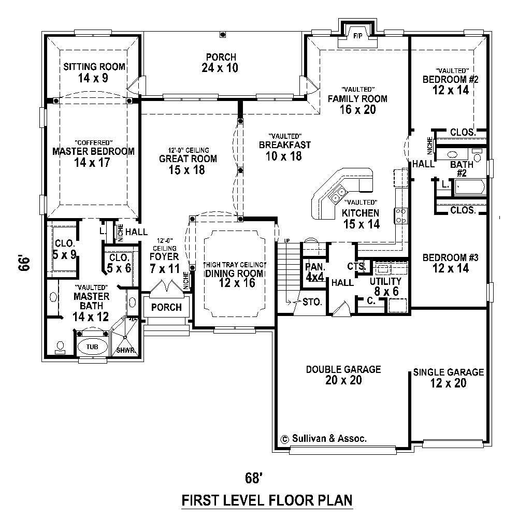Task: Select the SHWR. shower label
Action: [x=126, y=350]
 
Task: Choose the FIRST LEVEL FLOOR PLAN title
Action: [x=267, y=500]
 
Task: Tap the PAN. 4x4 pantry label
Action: [x=314, y=272]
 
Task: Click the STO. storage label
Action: [x=312, y=301]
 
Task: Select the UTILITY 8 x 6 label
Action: [x=385, y=286]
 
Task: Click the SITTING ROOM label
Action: [x=94, y=73]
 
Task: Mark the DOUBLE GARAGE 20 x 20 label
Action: [x=343, y=375]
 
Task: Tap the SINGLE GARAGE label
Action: [x=448, y=378]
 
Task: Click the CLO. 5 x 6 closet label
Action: [x=119, y=263]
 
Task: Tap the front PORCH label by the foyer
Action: [x=166, y=307]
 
